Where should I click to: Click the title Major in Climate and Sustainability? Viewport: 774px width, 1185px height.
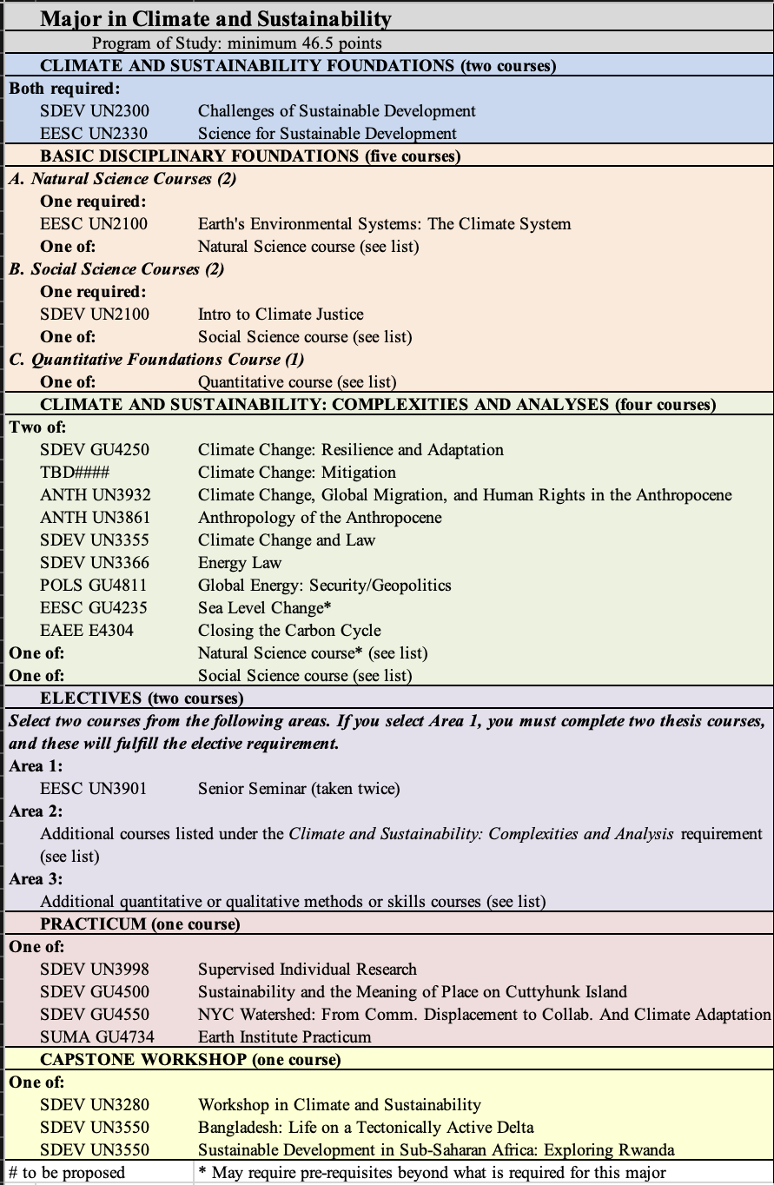click(x=215, y=18)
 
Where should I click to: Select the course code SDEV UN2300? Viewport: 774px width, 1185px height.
click(x=94, y=111)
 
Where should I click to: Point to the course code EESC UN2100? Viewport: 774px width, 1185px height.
click(x=94, y=224)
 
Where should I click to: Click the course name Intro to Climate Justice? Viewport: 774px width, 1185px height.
click(x=281, y=314)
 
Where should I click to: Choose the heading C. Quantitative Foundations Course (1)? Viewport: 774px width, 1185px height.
click(x=156, y=360)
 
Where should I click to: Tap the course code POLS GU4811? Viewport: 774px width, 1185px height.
click(x=93, y=586)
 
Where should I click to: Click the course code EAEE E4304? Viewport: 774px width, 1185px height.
click(x=87, y=631)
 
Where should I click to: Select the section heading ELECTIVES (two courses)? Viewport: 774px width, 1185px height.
click(x=142, y=698)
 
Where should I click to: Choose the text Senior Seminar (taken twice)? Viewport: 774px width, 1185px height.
click(x=299, y=789)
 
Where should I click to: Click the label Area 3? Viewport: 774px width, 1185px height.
click(x=36, y=879)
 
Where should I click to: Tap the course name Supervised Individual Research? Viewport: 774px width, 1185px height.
click(x=308, y=970)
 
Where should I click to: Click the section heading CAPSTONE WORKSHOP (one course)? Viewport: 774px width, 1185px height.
click(x=190, y=1060)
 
